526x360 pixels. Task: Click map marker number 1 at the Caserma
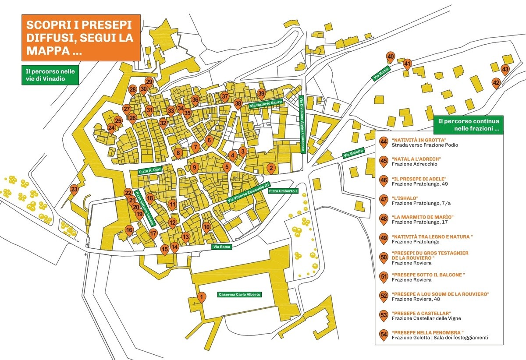(x=201, y=298)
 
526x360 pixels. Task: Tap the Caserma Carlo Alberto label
(x=239, y=295)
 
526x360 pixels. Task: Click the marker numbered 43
(x=505, y=70)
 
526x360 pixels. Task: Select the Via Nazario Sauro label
(x=266, y=104)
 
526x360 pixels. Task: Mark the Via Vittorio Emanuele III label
(x=248, y=193)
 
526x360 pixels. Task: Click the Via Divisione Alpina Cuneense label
(x=302, y=124)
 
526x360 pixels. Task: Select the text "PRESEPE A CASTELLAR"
(x=422, y=313)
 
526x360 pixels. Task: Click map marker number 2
(x=271, y=168)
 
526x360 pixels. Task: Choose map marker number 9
(x=195, y=167)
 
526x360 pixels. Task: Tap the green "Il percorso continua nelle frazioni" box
(x=468, y=125)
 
